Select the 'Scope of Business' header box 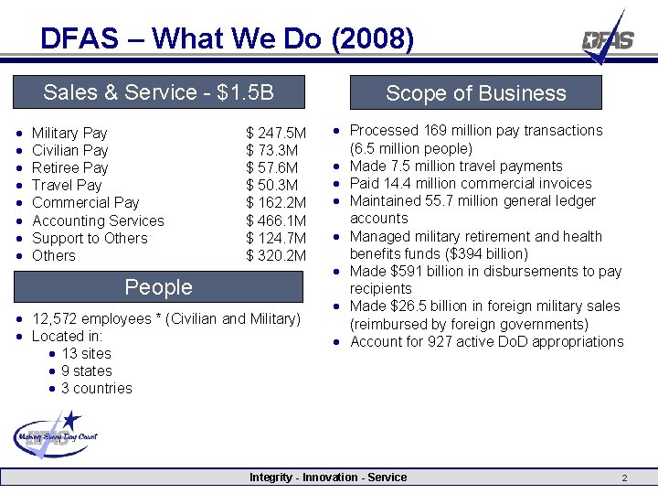coord(475,93)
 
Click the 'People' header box coord(158,287)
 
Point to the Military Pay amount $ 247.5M coord(276,134)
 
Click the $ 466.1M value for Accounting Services coord(276,220)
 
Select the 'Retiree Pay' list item coord(69,168)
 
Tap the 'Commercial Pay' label coord(85,203)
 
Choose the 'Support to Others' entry coord(89,238)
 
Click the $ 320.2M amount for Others coord(276,255)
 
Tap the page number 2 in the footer coord(624,478)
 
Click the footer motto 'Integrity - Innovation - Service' coord(328,478)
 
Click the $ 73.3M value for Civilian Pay coord(272,151)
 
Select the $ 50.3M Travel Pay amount coord(272,186)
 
